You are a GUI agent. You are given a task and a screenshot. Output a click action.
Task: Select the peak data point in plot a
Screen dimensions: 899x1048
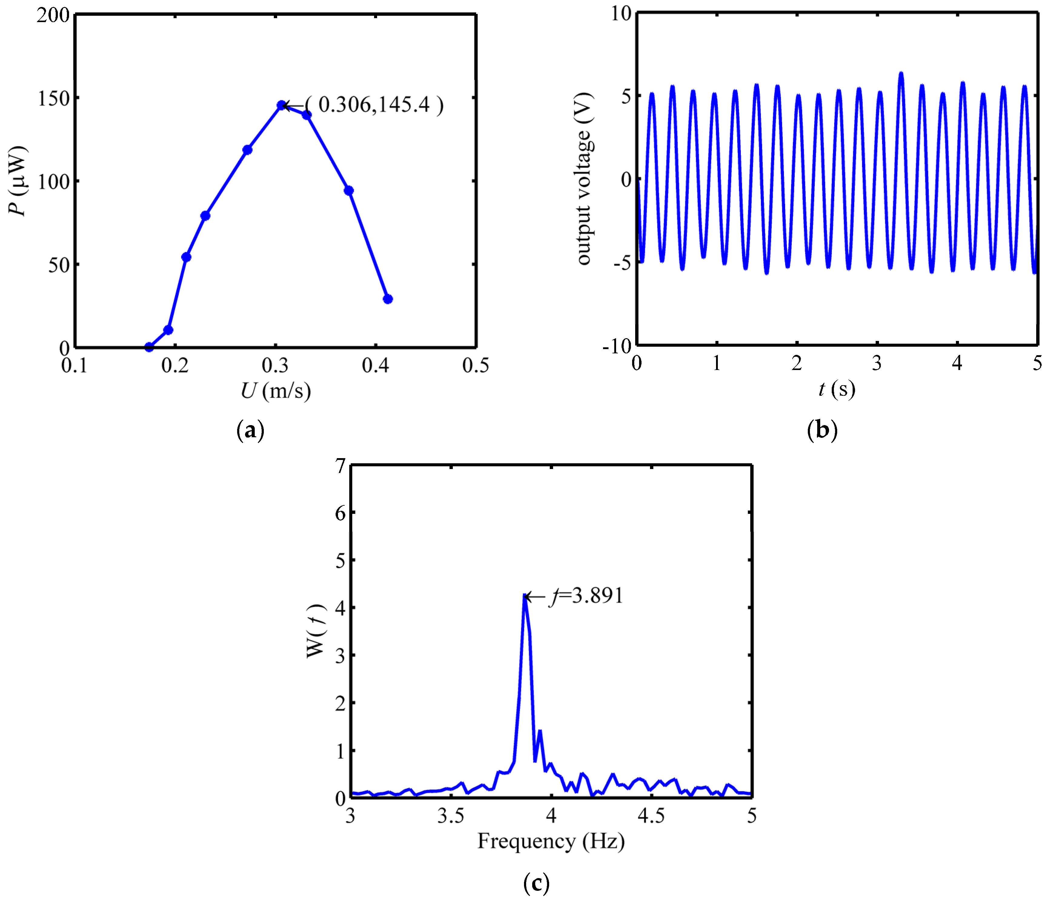281,105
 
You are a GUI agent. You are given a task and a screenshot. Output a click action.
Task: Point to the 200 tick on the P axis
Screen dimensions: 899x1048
53,15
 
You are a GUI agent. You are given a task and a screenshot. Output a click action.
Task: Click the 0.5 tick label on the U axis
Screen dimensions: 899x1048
476,365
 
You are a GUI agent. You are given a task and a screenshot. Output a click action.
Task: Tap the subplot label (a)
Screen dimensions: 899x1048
250,430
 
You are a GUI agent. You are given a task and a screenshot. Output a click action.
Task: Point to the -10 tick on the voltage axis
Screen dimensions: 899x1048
617,347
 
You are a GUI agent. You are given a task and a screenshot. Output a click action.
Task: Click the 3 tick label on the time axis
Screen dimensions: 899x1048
877,363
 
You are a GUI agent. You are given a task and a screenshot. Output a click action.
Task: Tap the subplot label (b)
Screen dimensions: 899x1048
822,430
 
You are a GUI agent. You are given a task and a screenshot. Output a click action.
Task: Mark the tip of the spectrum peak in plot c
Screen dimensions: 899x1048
525,596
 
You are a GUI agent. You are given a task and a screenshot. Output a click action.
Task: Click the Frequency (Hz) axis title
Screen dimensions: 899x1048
551,841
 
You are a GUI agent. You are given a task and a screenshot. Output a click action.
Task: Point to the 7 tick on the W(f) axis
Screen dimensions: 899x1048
340,465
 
